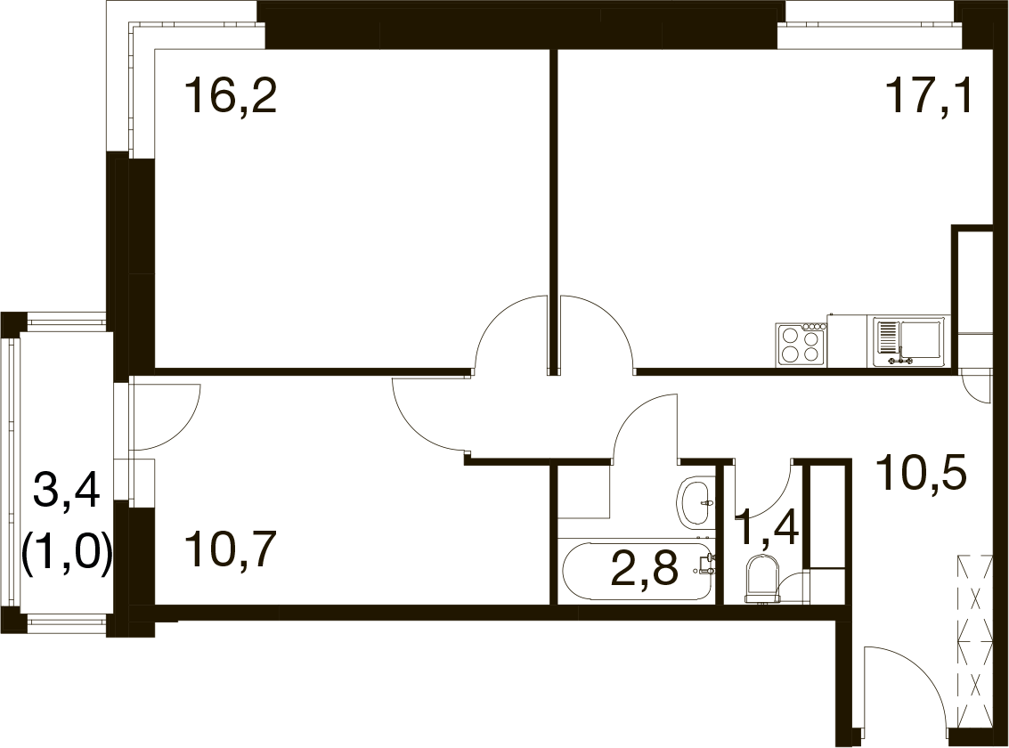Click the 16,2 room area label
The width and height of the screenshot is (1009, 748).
(x=231, y=96)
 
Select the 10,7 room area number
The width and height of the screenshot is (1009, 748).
(x=231, y=551)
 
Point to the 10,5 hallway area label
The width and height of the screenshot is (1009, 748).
(x=922, y=473)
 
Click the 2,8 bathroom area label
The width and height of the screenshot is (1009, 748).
(x=645, y=570)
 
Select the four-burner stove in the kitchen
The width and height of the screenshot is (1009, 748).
(x=802, y=344)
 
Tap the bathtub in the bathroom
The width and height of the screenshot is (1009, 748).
(x=638, y=572)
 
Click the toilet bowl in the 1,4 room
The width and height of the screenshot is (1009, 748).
(x=762, y=580)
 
